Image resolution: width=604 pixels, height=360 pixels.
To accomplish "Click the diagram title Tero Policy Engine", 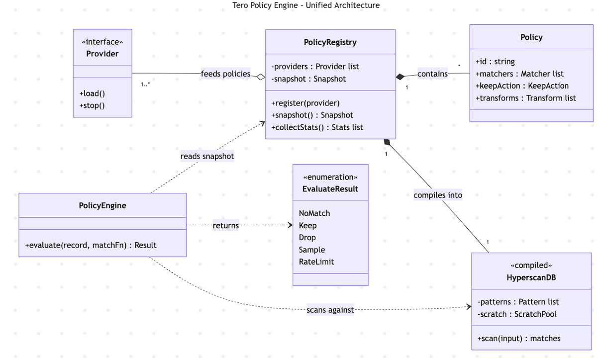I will [306, 5].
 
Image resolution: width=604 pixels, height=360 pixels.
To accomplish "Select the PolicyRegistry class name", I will [330, 42].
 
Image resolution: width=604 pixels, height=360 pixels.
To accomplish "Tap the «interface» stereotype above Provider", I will [102, 42].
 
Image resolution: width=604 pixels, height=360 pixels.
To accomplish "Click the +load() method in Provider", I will [92, 93].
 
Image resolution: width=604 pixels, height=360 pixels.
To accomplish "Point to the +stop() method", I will [92, 105].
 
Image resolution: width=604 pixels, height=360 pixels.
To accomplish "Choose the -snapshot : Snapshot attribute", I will [308, 79].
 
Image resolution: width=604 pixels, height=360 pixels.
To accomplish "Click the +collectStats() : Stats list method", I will [317, 127].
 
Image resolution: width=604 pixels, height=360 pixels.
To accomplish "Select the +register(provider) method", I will [305, 103].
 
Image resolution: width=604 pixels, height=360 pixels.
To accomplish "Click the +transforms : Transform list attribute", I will [525, 98].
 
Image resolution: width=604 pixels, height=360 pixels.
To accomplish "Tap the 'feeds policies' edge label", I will [225, 74].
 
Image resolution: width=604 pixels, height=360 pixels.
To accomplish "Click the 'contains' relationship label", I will [432, 74].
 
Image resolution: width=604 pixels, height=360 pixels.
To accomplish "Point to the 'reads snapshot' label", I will [207, 156].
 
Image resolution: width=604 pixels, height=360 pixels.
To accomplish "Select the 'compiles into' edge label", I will [437, 195].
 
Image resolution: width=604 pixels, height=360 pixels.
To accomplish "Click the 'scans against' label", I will [330, 310].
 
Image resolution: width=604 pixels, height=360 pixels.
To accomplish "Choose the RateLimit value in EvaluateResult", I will [316, 262].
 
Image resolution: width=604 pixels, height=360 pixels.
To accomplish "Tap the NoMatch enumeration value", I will [314, 213].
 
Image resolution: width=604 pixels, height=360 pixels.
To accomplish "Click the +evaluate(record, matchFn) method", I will [91, 245].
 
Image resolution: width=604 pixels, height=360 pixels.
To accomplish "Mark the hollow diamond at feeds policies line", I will [260, 77].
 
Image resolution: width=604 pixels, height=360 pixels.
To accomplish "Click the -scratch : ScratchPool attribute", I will [517, 314].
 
